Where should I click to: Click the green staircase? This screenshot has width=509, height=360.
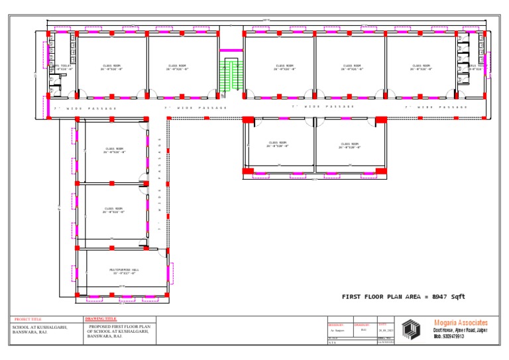[x=231, y=77]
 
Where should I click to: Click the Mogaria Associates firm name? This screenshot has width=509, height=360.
[x=461, y=323]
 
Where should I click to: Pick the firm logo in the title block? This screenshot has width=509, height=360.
[x=411, y=330]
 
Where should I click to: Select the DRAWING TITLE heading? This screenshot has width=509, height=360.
[x=101, y=319]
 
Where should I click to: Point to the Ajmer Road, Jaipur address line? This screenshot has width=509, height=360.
[x=461, y=330]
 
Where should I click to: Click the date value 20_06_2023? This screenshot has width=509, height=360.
[x=386, y=330]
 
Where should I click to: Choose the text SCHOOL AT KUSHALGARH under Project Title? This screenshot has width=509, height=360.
[x=40, y=327]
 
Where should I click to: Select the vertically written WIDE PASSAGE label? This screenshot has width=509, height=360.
[x=160, y=184]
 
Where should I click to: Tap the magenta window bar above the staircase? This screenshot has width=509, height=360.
[x=231, y=50]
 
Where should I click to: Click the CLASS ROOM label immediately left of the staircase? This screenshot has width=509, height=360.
[x=178, y=66]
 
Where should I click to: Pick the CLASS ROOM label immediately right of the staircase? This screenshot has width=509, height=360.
[x=284, y=66]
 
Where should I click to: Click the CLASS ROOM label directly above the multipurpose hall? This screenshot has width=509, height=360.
[x=113, y=210]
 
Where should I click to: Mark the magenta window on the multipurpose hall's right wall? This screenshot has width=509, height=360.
[x=170, y=272]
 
